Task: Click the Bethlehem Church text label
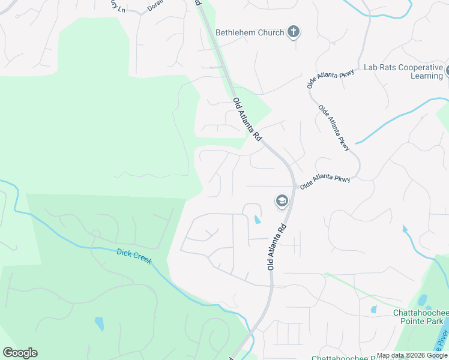tap(250, 32)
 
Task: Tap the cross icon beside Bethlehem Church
tap(294, 32)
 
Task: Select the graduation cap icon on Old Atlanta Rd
tap(281, 202)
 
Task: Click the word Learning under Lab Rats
tap(427, 76)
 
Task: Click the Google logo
tap(20, 353)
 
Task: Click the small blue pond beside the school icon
tap(258, 219)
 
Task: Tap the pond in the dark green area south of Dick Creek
tap(98, 324)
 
